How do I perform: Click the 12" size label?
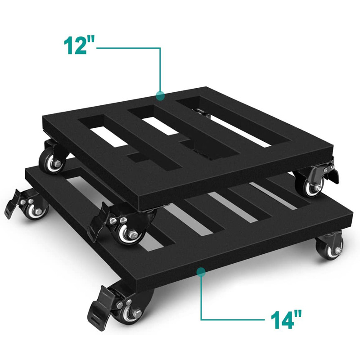79,45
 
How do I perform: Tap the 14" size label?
286,319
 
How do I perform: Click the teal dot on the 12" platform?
160,95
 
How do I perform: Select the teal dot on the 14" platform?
201,272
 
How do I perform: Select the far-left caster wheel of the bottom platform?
36,210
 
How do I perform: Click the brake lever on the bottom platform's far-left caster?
14,203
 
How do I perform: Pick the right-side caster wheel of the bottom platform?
330,246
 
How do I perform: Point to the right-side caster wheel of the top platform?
313,186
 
